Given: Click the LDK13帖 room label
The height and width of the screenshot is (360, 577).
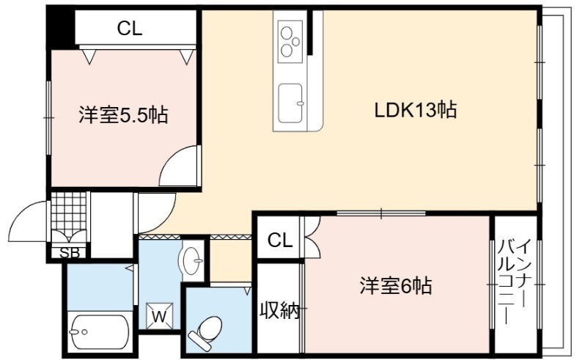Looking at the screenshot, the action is (x=416, y=110).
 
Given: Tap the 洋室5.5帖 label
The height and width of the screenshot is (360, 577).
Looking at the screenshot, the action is (x=123, y=115).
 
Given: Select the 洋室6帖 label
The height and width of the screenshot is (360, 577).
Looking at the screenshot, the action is (x=396, y=285).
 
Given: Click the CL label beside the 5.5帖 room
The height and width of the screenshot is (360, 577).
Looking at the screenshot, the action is (x=130, y=29).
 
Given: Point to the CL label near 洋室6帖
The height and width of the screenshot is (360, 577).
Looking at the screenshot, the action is (x=280, y=240).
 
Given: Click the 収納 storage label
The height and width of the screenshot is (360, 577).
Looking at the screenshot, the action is (x=279, y=311).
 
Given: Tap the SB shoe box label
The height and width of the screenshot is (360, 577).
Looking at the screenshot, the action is (x=70, y=253).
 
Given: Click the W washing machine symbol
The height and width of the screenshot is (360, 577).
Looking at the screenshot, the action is (x=160, y=316).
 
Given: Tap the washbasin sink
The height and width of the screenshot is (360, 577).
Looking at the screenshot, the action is (x=191, y=260).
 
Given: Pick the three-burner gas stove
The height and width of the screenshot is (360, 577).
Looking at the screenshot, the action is (x=290, y=41).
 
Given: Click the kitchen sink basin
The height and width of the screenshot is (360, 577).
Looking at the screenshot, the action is (x=290, y=103).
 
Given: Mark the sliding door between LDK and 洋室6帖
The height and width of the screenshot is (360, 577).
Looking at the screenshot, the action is (x=381, y=213).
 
